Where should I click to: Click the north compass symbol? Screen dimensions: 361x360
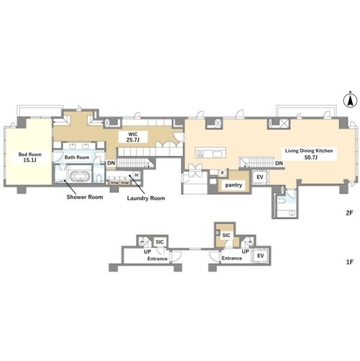pos(349,101)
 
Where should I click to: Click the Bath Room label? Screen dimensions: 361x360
pos(77,157)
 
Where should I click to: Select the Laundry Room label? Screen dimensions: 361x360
pos(145,198)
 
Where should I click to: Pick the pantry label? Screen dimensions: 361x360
pos(234,185)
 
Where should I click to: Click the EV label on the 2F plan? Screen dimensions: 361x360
pos(260,177)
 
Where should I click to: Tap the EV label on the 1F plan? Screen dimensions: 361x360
pos(260,256)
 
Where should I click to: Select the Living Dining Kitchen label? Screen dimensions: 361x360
pos(309,151)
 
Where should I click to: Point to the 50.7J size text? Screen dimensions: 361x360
pos(309,159)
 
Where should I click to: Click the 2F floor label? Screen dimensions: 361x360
pos(349,213)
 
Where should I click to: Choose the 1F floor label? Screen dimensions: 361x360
pos(349,261)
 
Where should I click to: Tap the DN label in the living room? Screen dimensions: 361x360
pos(279,164)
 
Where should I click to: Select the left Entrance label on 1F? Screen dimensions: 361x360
pos(157,258)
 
